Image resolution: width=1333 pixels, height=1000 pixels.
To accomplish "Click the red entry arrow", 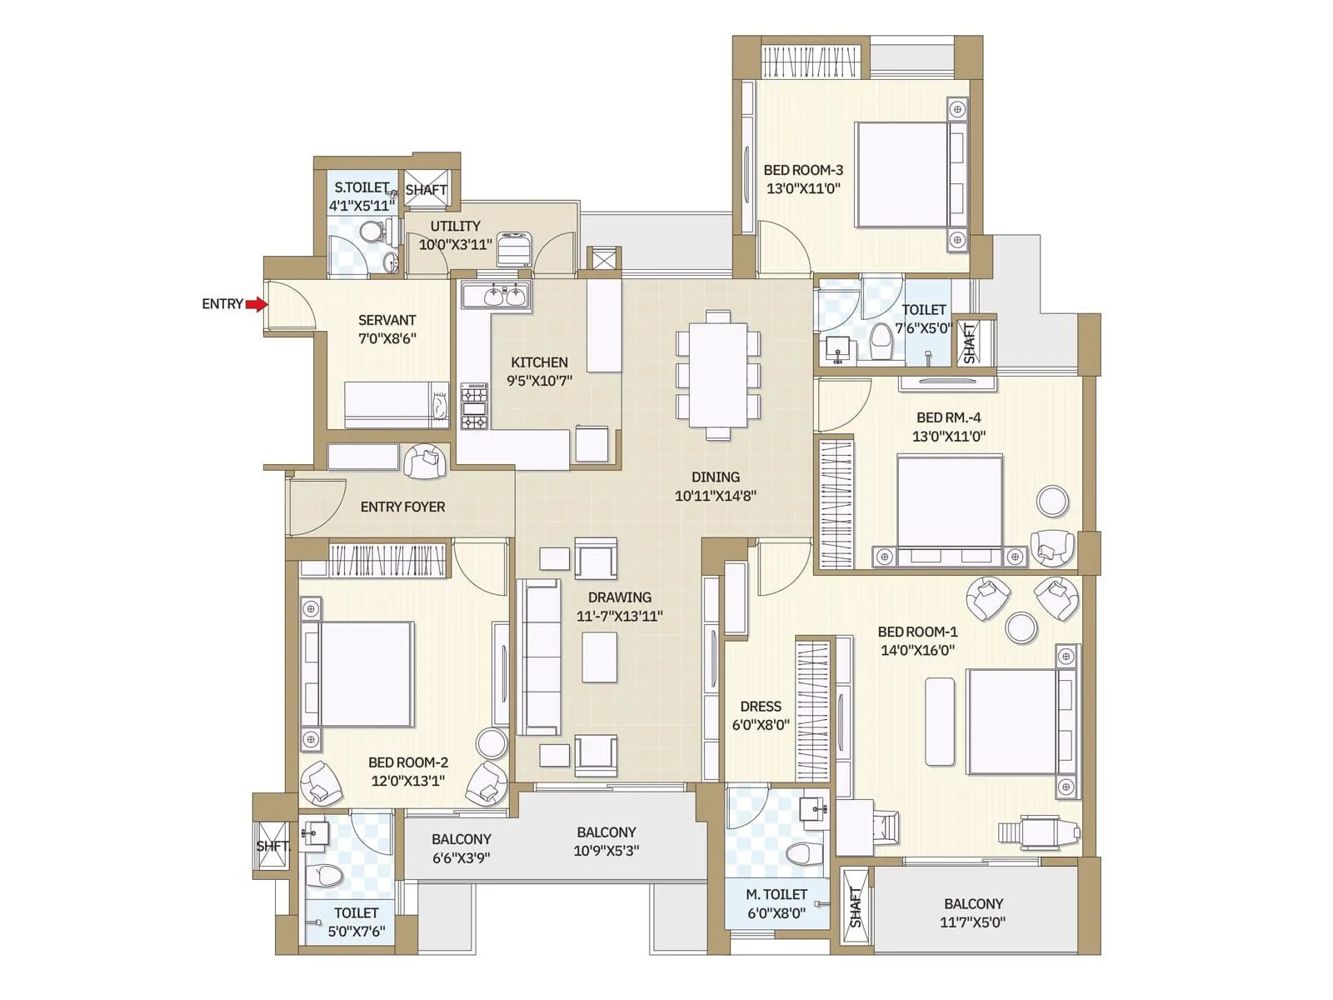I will click(257, 304).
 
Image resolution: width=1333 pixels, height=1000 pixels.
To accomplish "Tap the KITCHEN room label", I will click(539, 362).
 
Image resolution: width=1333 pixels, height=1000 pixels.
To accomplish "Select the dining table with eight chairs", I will click(718, 374).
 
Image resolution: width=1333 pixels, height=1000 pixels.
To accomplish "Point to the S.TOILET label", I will click(362, 187).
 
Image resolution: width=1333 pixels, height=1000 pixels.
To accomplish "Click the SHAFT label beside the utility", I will click(426, 190).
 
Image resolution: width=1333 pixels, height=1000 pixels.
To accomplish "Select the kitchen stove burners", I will click(475, 406).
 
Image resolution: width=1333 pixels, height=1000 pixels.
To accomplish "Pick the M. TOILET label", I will click(776, 894).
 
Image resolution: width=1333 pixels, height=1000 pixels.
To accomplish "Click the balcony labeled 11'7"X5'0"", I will click(973, 912).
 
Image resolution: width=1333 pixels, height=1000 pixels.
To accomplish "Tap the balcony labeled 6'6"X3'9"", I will click(461, 848).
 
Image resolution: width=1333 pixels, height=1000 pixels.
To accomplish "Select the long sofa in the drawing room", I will click(540, 657).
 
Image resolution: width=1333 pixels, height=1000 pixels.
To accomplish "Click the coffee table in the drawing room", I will click(599, 657).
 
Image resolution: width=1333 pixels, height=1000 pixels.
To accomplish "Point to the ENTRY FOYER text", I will click(402, 507).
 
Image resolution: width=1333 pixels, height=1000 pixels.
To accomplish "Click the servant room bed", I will click(397, 405).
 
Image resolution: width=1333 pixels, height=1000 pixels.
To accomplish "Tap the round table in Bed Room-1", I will click(1021, 627).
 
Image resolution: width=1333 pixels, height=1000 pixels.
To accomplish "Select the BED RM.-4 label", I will click(948, 417).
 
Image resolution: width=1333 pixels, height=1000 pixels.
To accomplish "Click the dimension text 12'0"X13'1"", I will click(407, 781).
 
